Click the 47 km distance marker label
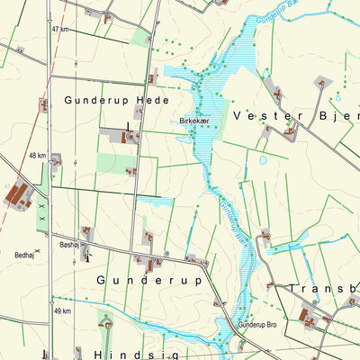pyautogui.click(x=60, y=30)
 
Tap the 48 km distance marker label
pyautogui.click(x=37, y=156)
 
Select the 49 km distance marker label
pyautogui.click(x=61, y=310)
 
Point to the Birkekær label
pyautogui.click(x=193, y=120)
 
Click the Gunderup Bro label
pyautogui.click(x=258, y=324)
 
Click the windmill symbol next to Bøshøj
pyautogui.click(x=86, y=255)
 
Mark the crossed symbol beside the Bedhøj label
pyautogui.click(x=37, y=249)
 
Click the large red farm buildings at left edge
pyautogui.click(x=17, y=193)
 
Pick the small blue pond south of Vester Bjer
pyautogui.click(x=262, y=161)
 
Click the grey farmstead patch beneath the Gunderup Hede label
pyautogui.click(x=122, y=136)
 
